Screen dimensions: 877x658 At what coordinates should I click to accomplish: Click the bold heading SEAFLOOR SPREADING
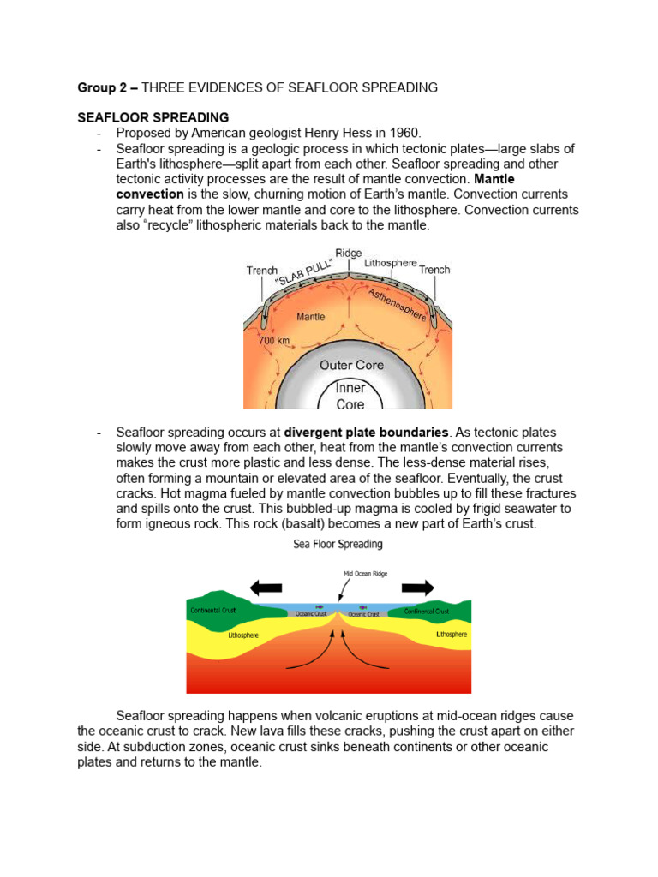coord(153,117)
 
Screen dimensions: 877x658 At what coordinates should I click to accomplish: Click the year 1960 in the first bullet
coord(403,133)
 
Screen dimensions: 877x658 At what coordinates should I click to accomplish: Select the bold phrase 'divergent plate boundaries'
coord(366,432)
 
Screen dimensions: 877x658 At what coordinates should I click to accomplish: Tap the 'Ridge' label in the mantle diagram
coord(348,254)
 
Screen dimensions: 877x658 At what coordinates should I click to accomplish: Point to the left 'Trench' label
coord(262,271)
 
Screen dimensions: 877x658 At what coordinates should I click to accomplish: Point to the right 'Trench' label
coord(434,270)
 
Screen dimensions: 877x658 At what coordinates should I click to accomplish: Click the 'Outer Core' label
coord(351,365)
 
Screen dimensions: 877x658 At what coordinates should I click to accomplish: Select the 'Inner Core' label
coord(350,396)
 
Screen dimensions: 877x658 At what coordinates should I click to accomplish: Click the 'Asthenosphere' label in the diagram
coord(397,304)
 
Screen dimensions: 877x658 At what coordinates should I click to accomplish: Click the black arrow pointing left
coord(265,588)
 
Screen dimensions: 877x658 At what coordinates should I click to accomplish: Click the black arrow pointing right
coord(418,588)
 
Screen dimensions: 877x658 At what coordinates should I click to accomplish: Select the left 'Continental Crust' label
coord(212,612)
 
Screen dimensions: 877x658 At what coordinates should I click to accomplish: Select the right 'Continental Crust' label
coord(427,612)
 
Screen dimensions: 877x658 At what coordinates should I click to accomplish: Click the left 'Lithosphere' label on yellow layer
coord(243,636)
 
